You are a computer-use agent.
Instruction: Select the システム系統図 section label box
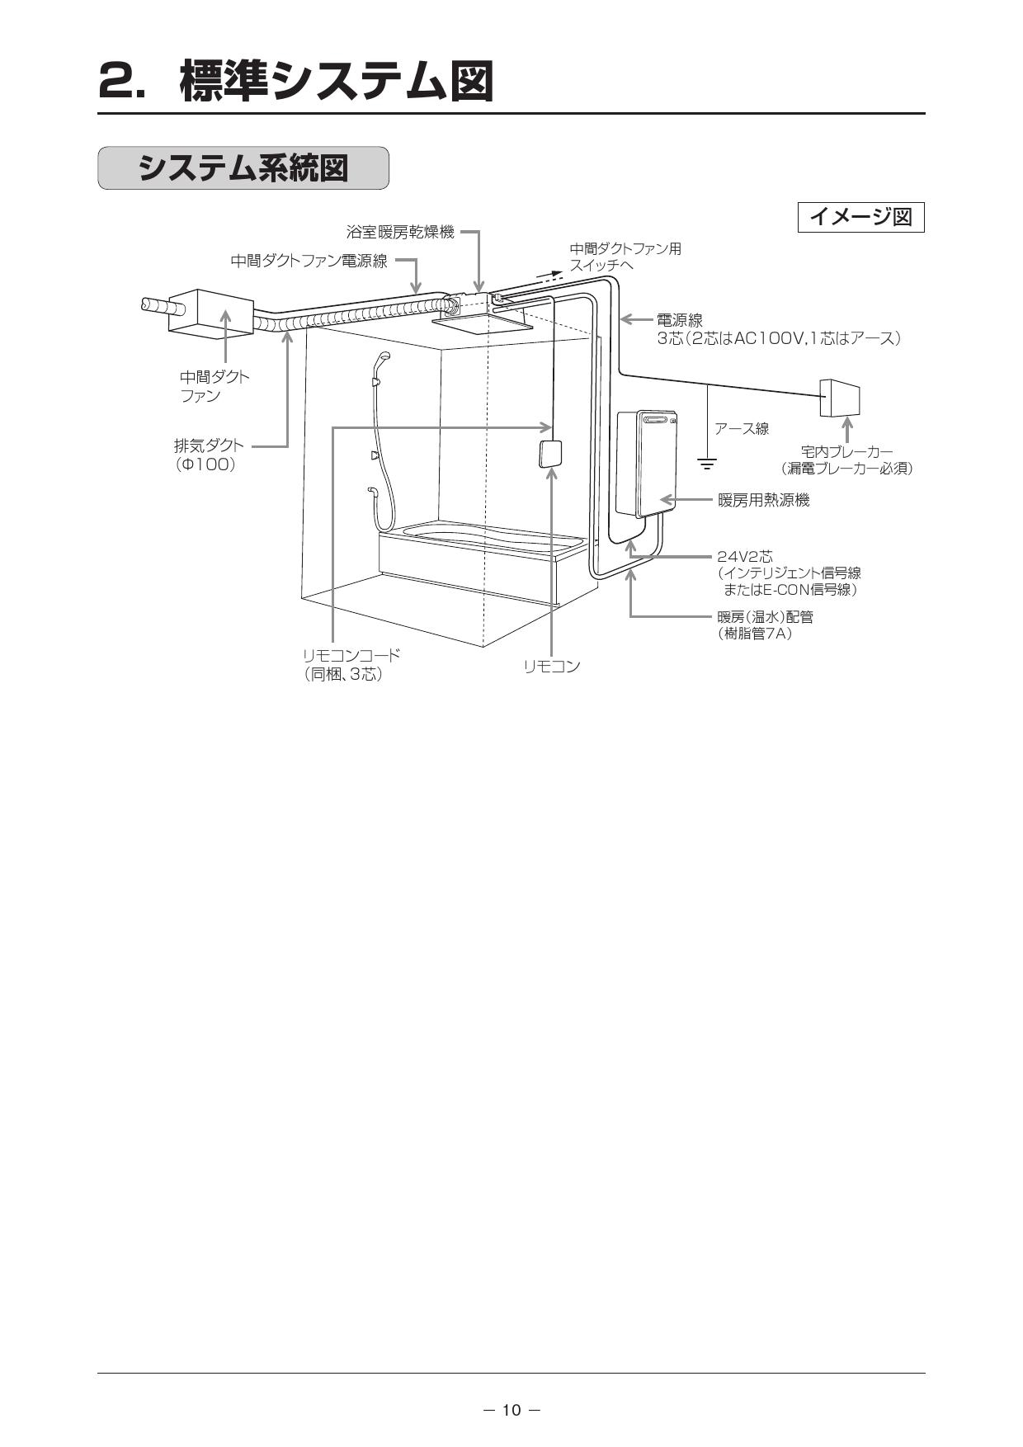pyautogui.click(x=243, y=168)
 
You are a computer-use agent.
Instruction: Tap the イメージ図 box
pyautogui.click(x=860, y=217)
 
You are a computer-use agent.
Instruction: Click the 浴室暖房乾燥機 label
pyautogui.click(x=400, y=233)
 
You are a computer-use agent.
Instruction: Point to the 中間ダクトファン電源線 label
pyautogui.click(x=309, y=262)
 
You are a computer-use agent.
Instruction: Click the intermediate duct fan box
pyautogui.click(x=210, y=313)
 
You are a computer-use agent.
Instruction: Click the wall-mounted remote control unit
pyautogui.click(x=550, y=454)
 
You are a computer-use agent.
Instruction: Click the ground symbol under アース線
pyautogui.click(x=707, y=464)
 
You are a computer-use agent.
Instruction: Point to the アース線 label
pyautogui.click(x=742, y=428)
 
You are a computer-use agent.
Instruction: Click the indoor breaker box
pyautogui.click(x=840, y=398)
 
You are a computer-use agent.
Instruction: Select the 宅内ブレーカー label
pyautogui.click(x=846, y=452)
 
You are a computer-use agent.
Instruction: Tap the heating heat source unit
pyautogui.click(x=647, y=462)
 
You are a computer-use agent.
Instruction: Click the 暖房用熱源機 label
pyautogui.click(x=763, y=500)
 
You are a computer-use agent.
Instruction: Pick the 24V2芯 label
pyautogui.click(x=745, y=557)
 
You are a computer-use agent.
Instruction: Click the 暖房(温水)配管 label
pyautogui.click(x=765, y=617)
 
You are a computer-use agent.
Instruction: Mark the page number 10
pyautogui.click(x=511, y=1410)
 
